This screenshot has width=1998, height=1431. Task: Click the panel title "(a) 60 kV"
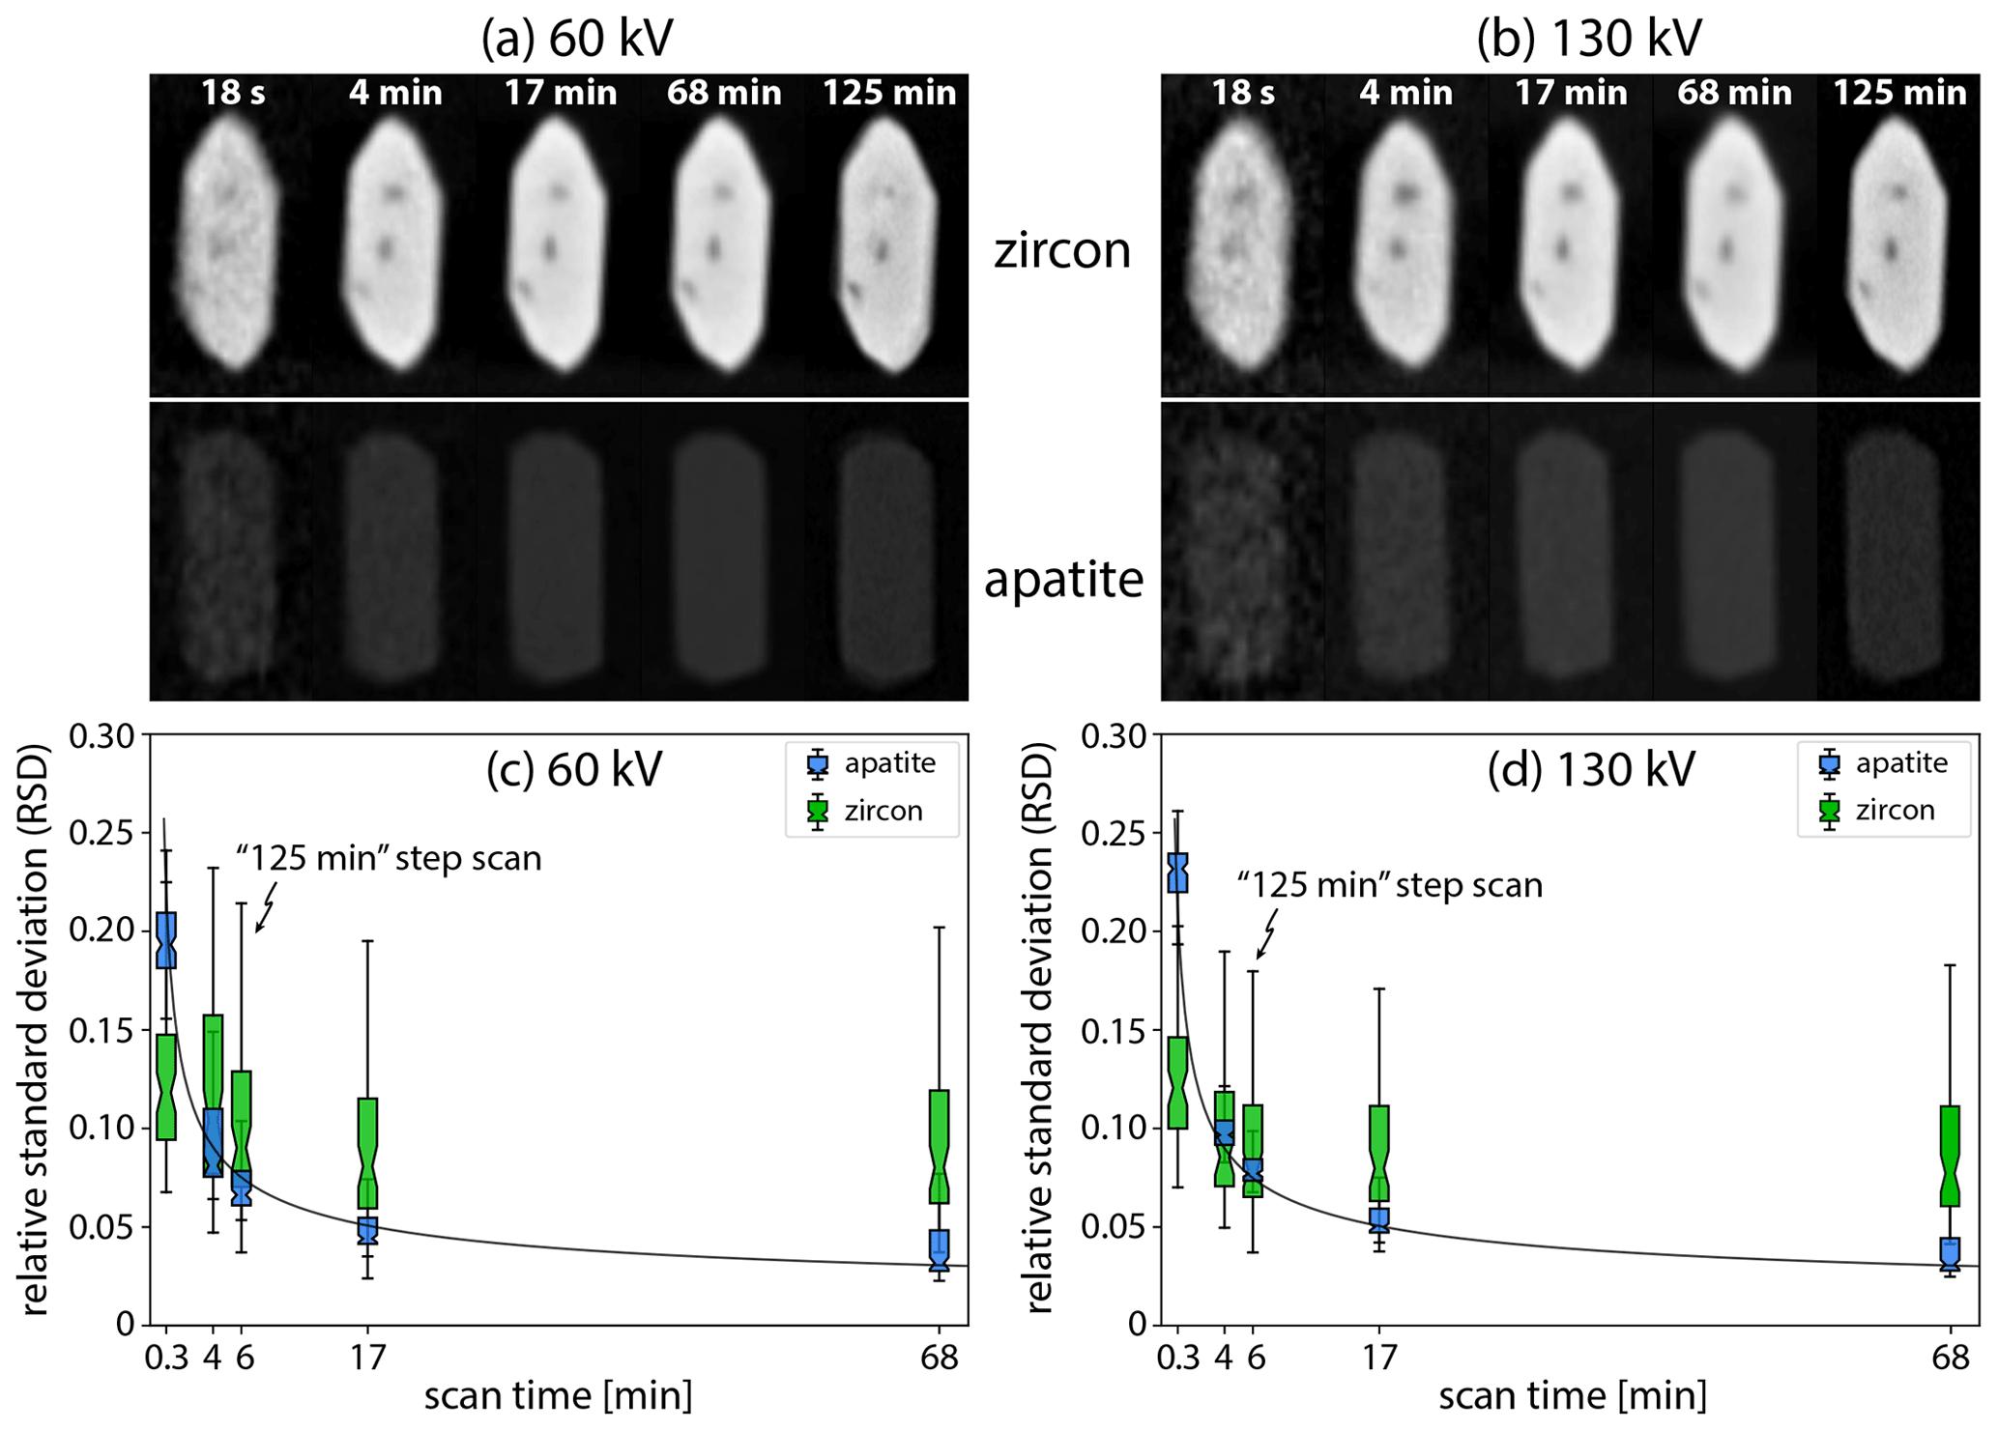[x=577, y=39]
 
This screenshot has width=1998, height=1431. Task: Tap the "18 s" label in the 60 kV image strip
[x=233, y=93]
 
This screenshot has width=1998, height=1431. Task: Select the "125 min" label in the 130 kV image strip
[x=1899, y=93]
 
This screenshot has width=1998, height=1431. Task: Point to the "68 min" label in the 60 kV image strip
[x=724, y=93]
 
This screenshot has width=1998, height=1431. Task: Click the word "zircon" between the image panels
[x=1062, y=250]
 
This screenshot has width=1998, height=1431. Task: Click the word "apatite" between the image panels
[x=1063, y=580]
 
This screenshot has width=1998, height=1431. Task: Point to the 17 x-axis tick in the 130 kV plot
[x=1380, y=1358]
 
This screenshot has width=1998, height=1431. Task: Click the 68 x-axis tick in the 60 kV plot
[x=940, y=1358]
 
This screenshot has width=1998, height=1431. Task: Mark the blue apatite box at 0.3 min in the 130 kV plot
[x=1177, y=873]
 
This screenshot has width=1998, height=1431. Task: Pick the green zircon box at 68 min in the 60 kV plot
[x=939, y=1146]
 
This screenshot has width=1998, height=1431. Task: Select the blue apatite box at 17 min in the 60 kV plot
[x=367, y=1230]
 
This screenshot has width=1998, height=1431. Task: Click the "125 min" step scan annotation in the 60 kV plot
[x=389, y=858]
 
